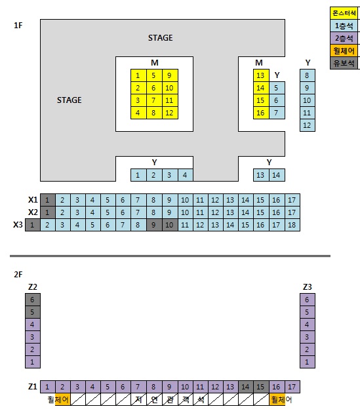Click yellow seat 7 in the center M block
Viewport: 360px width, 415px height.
(154, 100)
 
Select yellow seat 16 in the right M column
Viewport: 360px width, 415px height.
(261, 113)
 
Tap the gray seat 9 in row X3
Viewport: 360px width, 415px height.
(154, 225)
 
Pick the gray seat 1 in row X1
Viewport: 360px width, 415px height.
(48, 200)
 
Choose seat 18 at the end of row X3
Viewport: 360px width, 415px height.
(292, 225)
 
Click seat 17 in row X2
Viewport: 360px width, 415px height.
(292, 212)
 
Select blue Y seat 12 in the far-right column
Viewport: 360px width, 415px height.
(308, 125)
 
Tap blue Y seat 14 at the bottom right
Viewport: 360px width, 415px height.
(277, 175)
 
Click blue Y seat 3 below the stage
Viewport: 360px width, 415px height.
(170, 175)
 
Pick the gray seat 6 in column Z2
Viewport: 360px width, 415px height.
(33, 300)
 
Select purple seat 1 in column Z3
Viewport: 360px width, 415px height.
(308, 362)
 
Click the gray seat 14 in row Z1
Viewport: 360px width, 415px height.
(246, 387)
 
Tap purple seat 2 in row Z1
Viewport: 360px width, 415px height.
(63, 387)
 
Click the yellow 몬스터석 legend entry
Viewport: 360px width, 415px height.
(344, 13)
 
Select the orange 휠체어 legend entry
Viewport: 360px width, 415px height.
(344, 50)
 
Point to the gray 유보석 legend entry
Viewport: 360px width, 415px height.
(344, 63)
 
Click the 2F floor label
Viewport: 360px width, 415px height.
(18, 275)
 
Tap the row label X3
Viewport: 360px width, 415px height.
(18, 225)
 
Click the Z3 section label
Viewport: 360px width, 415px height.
(308, 287)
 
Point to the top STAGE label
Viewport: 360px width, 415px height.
(161, 38)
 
